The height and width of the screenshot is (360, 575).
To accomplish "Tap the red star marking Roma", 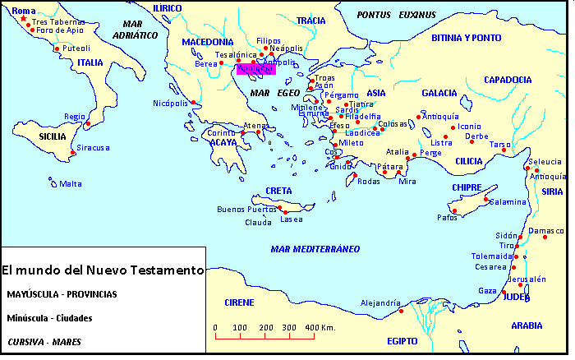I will [25, 19].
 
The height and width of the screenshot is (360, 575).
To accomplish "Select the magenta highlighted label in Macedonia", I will [255, 70].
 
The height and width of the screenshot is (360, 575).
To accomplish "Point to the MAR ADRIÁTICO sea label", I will [134, 30].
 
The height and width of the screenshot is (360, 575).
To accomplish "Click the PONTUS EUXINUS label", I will [396, 15].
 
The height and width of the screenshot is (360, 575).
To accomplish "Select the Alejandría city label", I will [380, 302].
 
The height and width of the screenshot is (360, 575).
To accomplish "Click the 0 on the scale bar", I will [215, 328].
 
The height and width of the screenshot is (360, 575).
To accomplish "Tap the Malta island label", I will [70, 183].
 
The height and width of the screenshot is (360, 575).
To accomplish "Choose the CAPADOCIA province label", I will [508, 80].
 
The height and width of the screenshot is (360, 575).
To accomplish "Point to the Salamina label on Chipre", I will [508, 201].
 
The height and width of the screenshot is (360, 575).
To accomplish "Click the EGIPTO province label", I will [402, 340].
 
